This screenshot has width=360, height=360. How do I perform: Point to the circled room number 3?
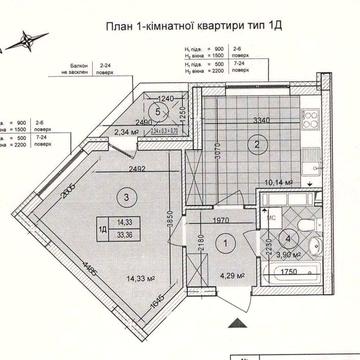[125, 198]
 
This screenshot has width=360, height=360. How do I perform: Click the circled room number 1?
[225, 241]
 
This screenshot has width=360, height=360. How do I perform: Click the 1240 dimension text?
[169, 98]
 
